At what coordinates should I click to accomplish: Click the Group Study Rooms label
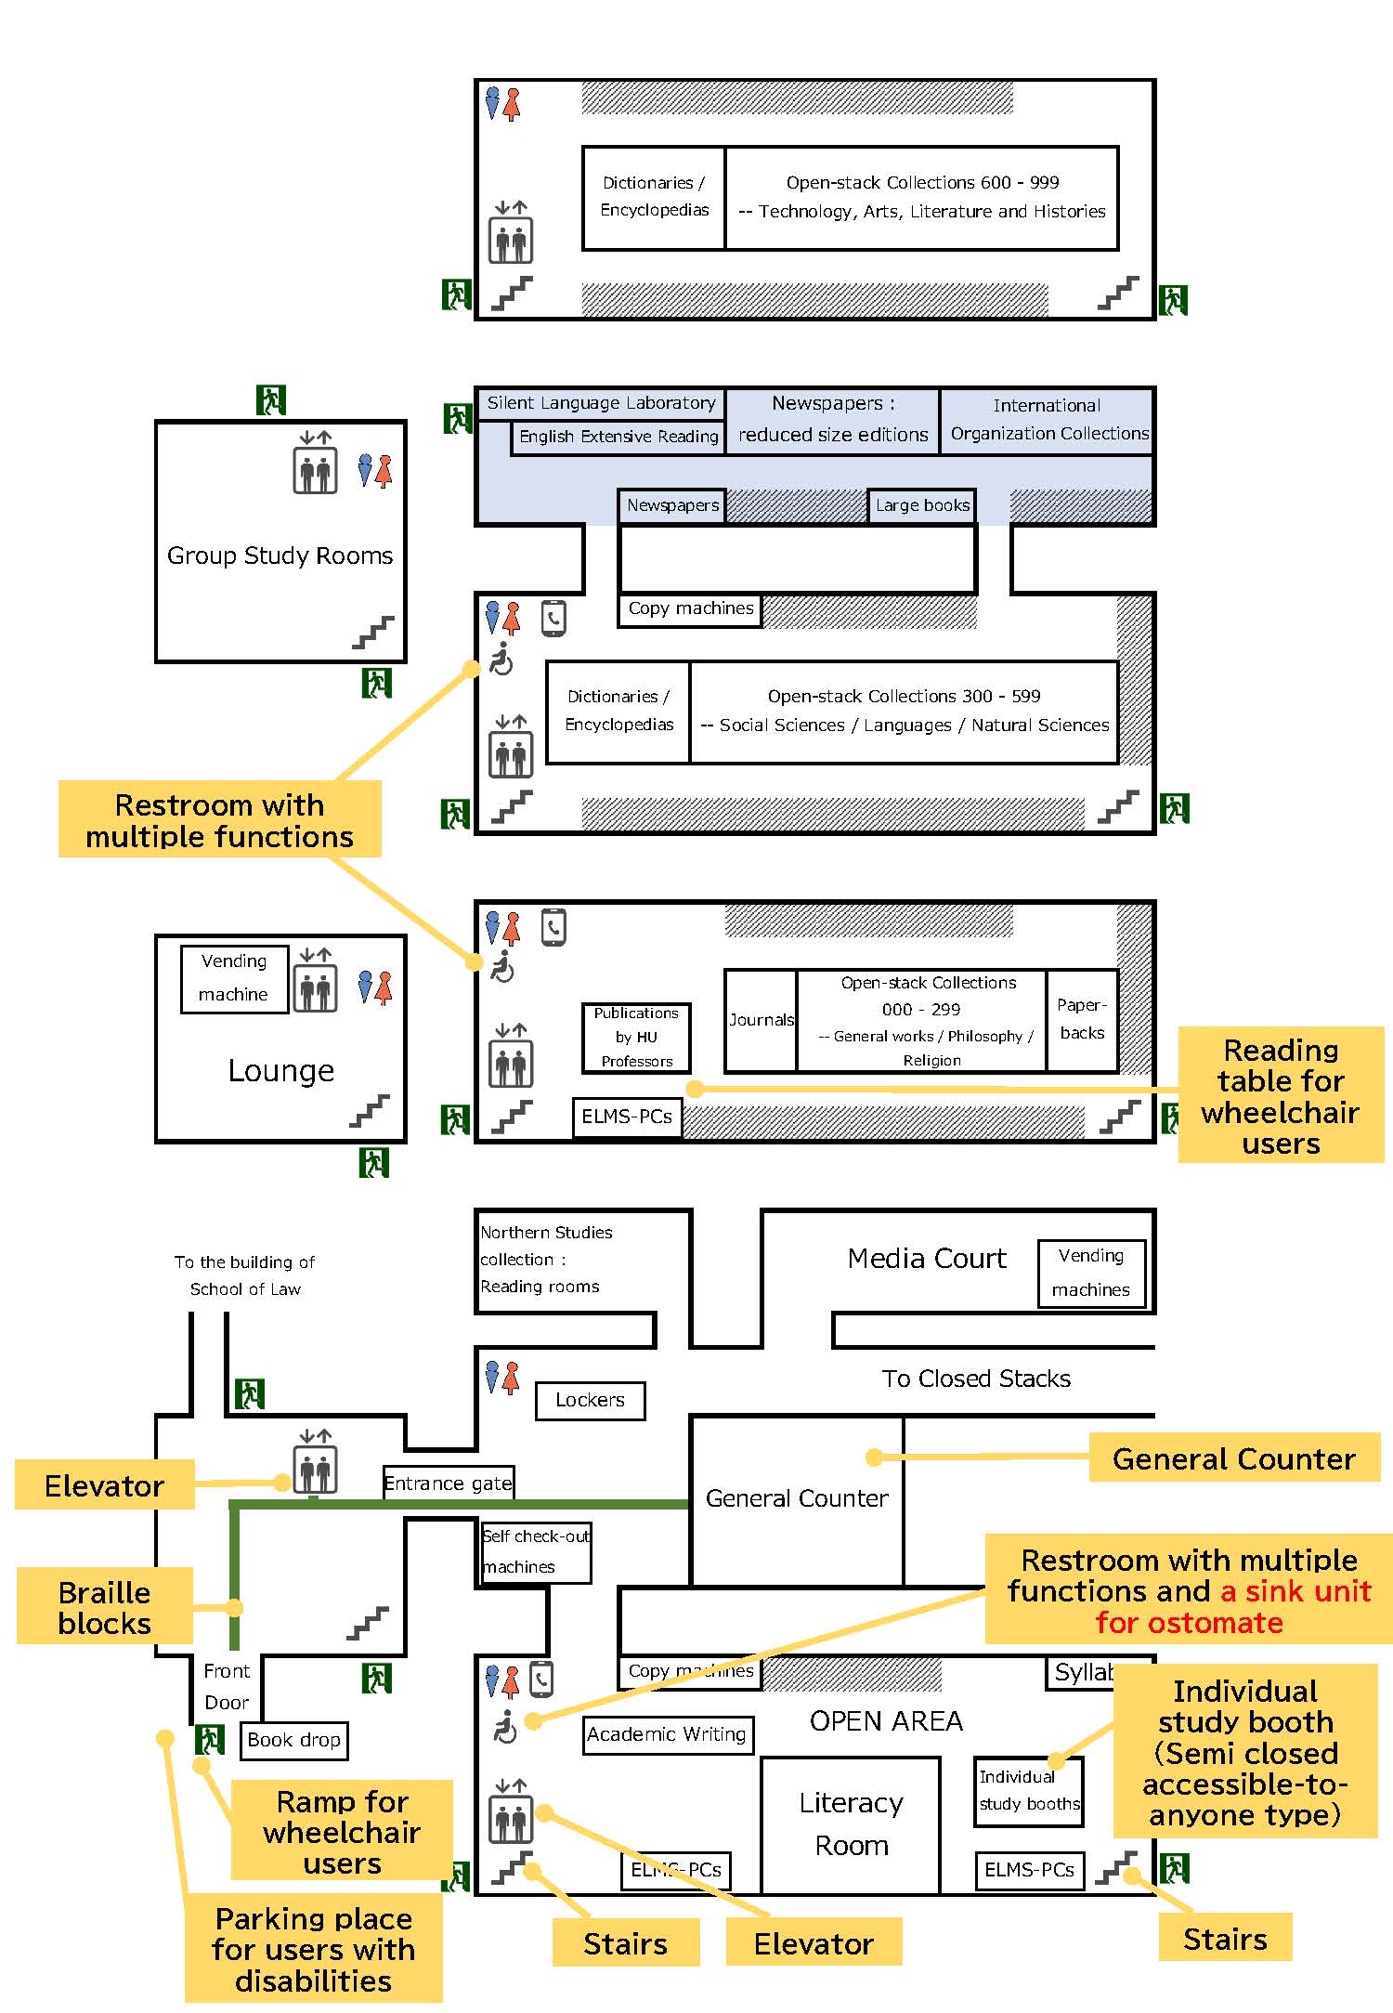coord(280,556)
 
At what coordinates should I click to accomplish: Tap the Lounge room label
coord(280,1071)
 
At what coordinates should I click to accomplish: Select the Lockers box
coord(590,1400)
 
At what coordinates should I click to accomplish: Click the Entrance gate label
coord(448,1483)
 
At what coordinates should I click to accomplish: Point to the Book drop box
coord(293,1740)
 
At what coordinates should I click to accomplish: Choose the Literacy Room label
coord(852,1823)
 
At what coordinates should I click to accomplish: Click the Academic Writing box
coord(668,1734)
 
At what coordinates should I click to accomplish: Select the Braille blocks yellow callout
coord(104,1608)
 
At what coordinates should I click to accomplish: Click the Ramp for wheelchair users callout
coord(342,1832)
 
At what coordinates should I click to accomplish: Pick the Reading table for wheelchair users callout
coord(1281,1096)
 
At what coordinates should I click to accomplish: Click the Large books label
coord(922,505)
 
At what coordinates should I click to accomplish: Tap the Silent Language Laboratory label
coord(601,403)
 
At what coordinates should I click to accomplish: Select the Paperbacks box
coord(1082,1019)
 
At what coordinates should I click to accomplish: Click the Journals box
coord(761,1020)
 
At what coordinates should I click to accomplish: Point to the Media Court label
coord(927,1259)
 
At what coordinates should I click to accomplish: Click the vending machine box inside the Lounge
coord(234,978)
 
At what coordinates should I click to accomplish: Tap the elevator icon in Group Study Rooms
coord(316,462)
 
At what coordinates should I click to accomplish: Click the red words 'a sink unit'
coord(1295,1591)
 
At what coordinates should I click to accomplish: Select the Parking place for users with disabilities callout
coord(313,1949)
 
